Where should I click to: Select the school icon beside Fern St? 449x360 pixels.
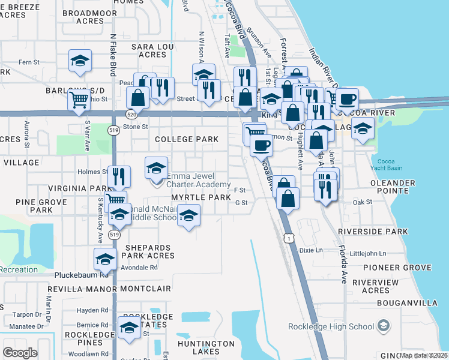[79, 62]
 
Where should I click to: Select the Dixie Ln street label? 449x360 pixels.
[311, 250]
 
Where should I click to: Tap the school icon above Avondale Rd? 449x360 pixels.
[105, 259]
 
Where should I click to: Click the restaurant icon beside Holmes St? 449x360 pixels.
[118, 176]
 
